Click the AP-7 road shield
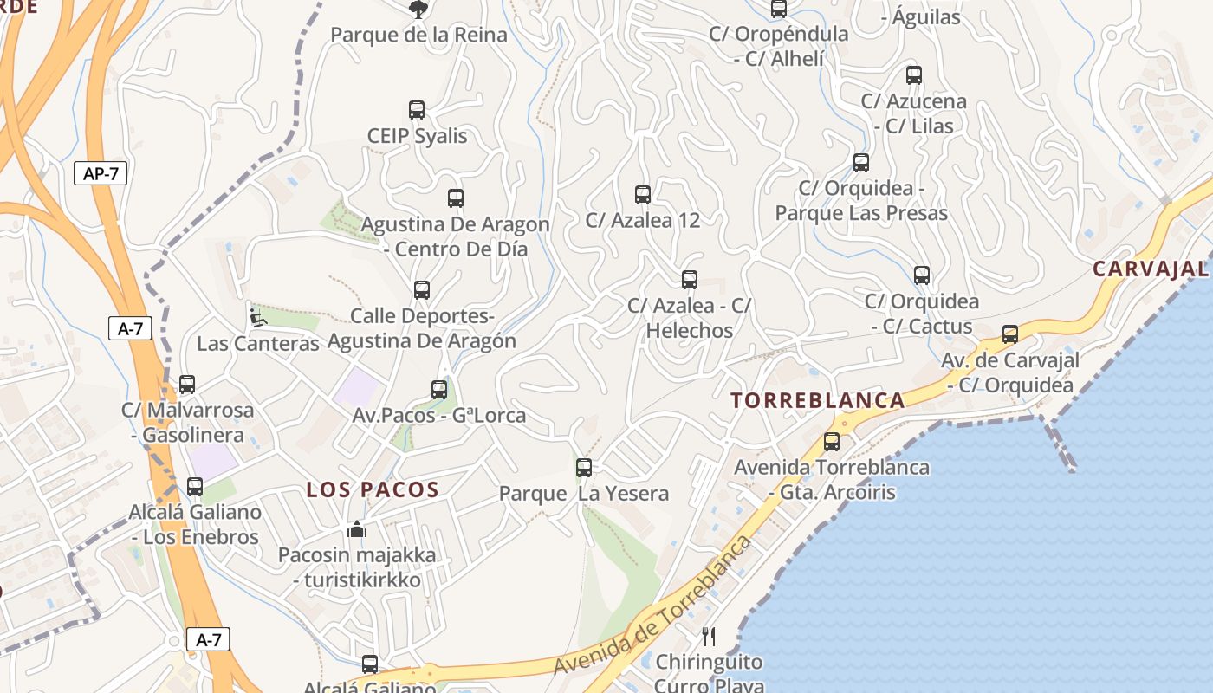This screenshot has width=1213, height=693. (101, 173)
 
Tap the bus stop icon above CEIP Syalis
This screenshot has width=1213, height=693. (417, 110)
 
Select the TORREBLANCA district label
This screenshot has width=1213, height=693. (818, 400)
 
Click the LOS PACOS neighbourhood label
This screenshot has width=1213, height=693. (373, 489)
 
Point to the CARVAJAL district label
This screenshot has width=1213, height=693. (1150, 269)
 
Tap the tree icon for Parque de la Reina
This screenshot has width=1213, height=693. (418, 10)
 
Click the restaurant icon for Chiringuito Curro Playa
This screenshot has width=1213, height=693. (709, 637)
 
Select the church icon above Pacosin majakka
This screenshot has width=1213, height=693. (357, 528)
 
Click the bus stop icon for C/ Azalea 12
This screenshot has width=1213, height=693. (642, 195)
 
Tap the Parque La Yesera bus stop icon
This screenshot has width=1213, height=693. (584, 468)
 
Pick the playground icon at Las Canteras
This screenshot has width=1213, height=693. (257, 317)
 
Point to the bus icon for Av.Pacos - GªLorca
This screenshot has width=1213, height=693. (439, 390)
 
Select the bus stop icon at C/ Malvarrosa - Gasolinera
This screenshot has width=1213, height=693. (187, 385)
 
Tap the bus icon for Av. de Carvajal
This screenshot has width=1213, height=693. (1009, 334)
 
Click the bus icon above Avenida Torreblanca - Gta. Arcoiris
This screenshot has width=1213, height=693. (832, 442)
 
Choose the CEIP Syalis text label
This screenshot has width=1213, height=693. (417, 136)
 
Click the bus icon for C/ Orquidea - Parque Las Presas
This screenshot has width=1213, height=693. (860, 163)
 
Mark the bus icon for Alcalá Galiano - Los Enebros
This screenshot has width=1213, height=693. (195, 487)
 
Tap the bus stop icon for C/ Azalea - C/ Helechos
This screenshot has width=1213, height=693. (690, 280)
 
